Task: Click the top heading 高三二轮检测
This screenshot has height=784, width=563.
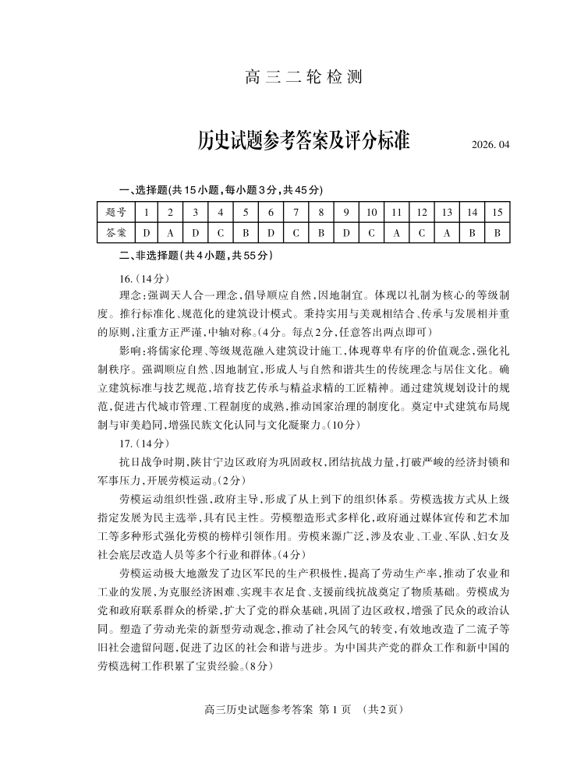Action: click(303, 78)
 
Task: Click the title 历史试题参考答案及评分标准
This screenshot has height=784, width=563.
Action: click(303, 143)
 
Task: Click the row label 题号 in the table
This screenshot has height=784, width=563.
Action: click(115, 212)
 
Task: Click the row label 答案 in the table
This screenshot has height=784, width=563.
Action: click(115, 232)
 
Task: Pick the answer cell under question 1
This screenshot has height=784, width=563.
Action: click(146, 232)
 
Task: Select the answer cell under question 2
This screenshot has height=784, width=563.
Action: click(171, 232)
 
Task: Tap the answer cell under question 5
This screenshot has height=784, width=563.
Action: click(246, 232)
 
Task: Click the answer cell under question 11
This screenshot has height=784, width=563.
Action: click(396, 232)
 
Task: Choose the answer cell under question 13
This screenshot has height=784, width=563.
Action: click(447, 232)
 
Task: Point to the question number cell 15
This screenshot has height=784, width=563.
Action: click(497, 212)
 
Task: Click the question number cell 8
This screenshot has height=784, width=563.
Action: click(320, 212)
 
